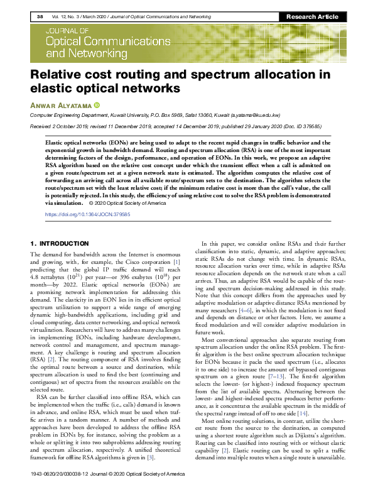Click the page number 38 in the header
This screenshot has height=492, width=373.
[40, 16]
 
